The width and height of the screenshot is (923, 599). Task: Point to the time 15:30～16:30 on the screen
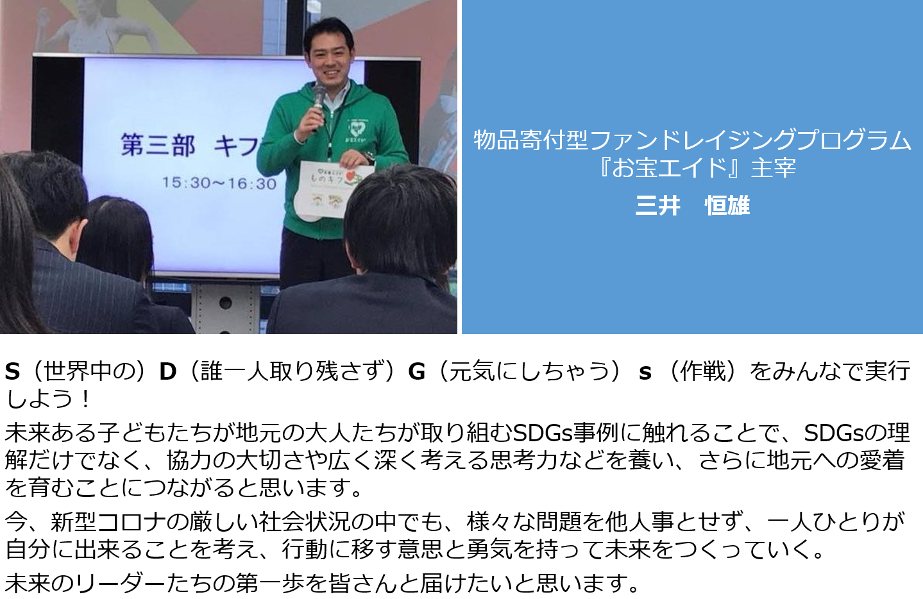click(219, 183)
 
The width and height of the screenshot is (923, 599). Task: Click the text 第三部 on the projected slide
click(158, 145)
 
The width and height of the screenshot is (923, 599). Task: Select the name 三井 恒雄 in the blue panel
click(692, 205)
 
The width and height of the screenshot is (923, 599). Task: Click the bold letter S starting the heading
click(12, 371)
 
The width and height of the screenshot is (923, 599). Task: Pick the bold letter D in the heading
click(167, 371)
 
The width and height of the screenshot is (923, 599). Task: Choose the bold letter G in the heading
click(416, 371)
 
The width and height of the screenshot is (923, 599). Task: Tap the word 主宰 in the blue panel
click(773, 169)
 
